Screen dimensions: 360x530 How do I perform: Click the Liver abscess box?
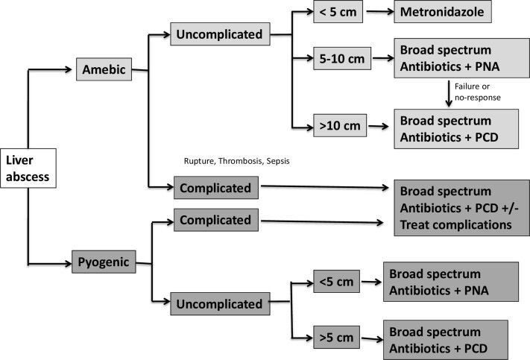click(x=27, y=168)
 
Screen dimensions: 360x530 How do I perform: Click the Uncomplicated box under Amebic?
click(x=218, y=34)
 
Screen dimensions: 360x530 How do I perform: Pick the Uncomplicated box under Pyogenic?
click(x=218, y=303)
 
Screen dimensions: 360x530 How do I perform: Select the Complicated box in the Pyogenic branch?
click(x=215, y=220)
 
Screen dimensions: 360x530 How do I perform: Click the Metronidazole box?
click(x=444, y=13)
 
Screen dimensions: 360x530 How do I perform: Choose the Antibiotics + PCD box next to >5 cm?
click(x=444, y=340)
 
